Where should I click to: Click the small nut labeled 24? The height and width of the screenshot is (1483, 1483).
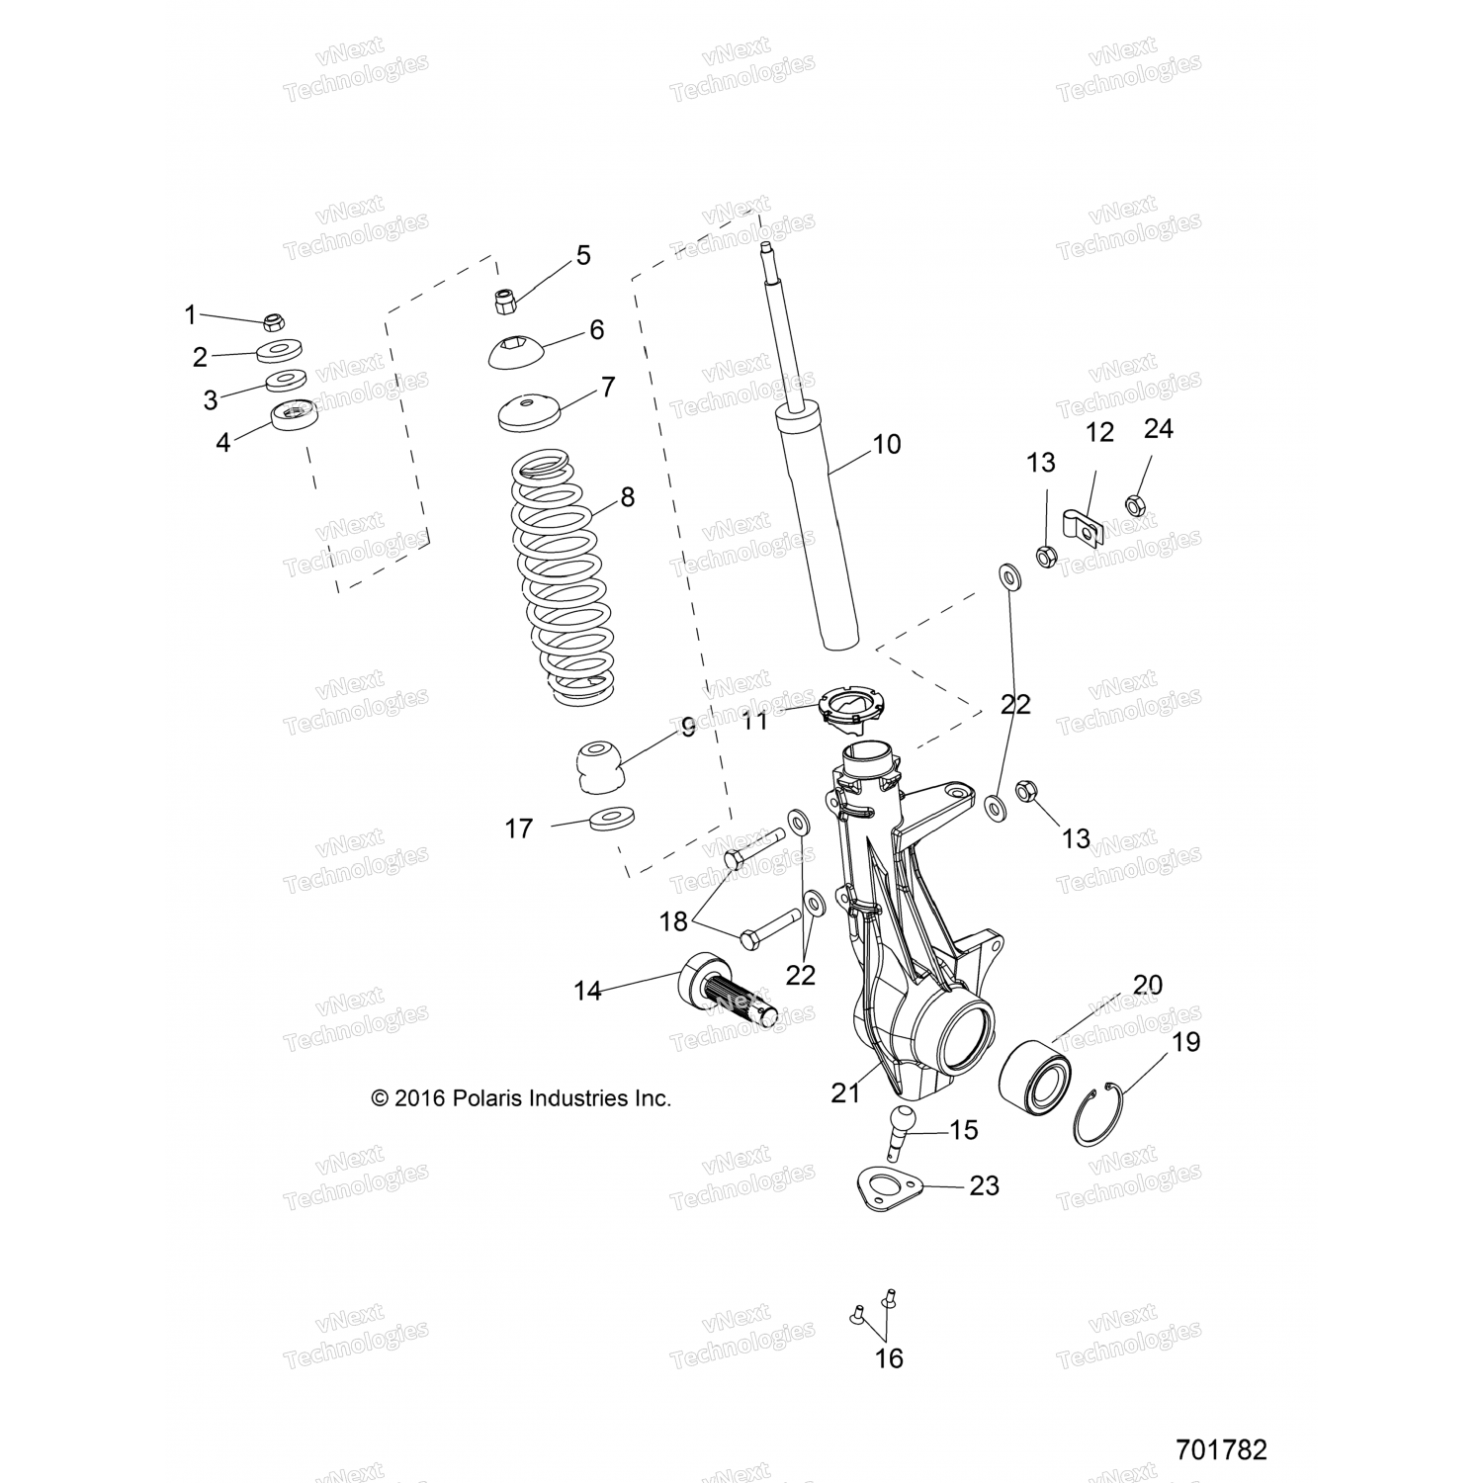[1136, 505]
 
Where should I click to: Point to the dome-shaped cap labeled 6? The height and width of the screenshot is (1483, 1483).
[516, 353]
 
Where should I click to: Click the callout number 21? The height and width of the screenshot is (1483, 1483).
[846, 1091]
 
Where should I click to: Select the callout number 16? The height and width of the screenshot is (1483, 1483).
[889, 1358]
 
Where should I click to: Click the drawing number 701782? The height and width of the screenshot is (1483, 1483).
[1221, 1449]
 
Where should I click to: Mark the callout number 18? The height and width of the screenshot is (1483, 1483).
[673, 921]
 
